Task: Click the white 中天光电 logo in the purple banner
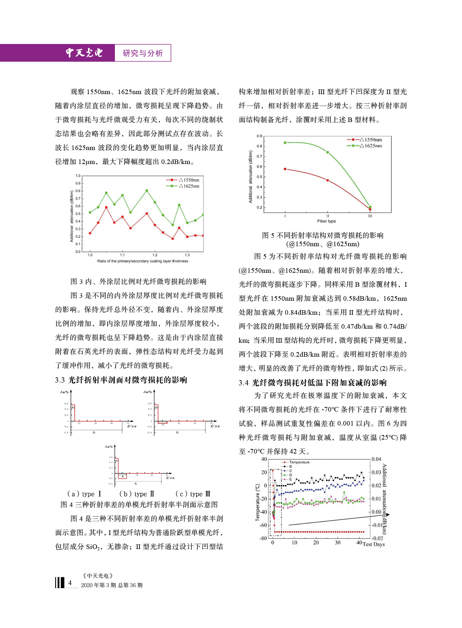point(84,53)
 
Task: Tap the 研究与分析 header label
point(142,53)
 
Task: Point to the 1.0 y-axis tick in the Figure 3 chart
point(78,176)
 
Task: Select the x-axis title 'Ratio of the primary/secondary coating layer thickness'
point(142,261)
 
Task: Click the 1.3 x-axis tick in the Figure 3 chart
point(187,255)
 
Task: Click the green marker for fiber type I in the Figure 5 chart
point(285,143)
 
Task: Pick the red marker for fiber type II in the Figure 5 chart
point(328,180)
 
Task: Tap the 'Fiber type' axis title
point(327,221)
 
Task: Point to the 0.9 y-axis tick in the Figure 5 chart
point(259,136)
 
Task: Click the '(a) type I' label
point(84,494)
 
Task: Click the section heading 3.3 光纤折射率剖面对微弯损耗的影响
point(121,380)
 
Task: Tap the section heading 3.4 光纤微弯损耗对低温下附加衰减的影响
point(313,383)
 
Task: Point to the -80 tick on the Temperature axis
point(263,538)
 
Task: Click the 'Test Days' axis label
point(374,544)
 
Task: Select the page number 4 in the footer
point(70,583)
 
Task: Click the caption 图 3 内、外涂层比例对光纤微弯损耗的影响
point(138,281)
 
